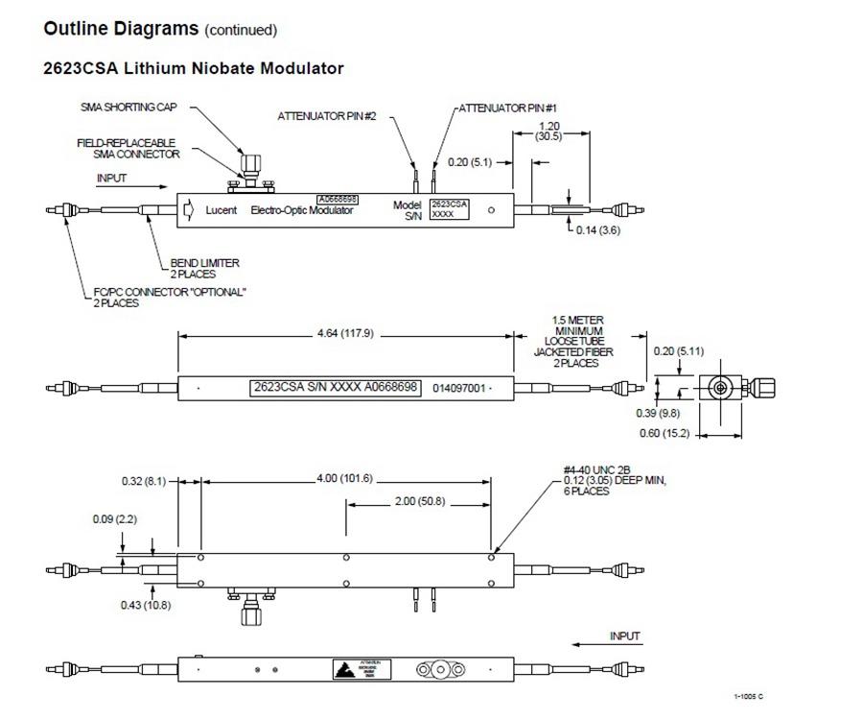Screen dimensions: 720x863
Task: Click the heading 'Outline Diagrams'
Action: pos(119,28)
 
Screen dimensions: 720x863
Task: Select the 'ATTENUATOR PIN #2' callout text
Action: pos(327,115)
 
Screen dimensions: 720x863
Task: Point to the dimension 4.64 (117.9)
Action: pos(345,334)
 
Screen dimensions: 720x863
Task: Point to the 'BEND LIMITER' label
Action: pos(205,262)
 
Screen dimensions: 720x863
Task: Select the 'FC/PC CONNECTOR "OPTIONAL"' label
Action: pos(169,292)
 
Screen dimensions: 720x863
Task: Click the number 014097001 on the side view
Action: pos(459,389)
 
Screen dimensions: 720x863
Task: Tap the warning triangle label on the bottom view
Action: pos(343,668)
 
